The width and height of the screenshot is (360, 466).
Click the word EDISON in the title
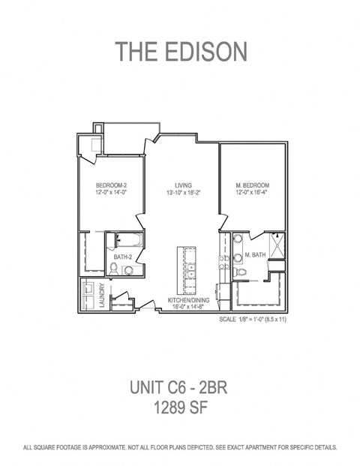(205, 52)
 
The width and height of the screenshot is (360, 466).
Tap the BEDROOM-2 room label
(112, 185)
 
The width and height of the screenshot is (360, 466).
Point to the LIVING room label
(183, 185)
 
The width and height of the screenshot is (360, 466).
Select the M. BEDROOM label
(253, 185)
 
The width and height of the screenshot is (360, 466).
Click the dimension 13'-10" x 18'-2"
(184, 193)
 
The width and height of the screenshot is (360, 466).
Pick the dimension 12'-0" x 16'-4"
(252, 192)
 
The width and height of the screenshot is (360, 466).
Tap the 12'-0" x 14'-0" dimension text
(112, 192)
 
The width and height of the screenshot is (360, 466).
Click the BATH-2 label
(123, 257)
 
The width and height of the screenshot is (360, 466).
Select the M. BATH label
(255, 254)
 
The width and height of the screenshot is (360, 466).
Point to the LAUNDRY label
(103, 295)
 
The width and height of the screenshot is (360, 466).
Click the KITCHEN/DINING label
(188, 300)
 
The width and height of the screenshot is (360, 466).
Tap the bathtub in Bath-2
(130, 240)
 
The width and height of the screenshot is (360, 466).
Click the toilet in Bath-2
(113, 269)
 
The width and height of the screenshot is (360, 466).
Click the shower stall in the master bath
(277, 245)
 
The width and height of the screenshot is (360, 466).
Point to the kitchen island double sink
(191, 271)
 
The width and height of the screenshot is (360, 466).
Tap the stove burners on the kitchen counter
(224, 263)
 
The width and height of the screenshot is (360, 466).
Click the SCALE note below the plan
(253, 320)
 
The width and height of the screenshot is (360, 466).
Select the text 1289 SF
(180, 407)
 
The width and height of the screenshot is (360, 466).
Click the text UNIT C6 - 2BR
(178, 387)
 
